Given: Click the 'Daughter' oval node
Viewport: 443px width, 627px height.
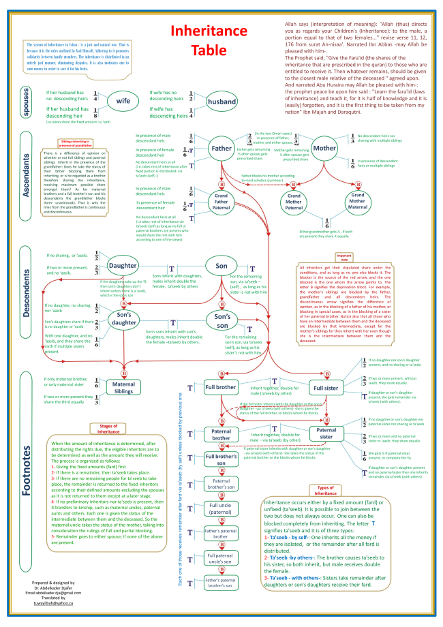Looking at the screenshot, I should (123, 266).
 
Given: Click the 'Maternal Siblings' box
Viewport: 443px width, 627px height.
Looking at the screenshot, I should (124, 387).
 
